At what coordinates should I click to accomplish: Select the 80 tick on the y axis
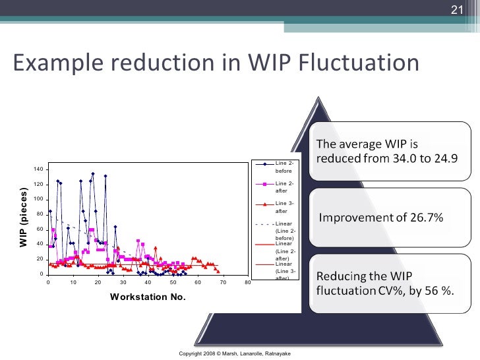point(39,214)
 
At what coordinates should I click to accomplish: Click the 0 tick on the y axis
point(41,274)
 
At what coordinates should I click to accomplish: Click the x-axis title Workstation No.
point(148,297)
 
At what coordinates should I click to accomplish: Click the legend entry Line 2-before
point(284,166)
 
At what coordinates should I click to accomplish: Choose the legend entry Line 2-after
point(284,187)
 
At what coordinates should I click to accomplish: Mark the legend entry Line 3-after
point(284,207)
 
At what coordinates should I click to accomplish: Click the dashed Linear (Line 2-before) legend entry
point(284,231)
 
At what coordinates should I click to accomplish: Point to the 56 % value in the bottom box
point(438,290)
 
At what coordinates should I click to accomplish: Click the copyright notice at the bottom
point(235,353)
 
